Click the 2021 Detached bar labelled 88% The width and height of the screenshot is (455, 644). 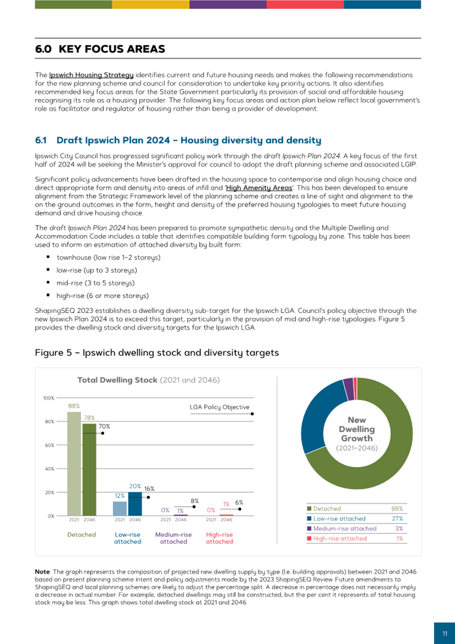(x=74, y=464)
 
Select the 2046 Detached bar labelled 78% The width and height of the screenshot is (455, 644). (x=89, y=469)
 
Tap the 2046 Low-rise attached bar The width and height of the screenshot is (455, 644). (x=134, y=504)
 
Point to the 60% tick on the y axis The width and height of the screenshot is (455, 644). (x=49, y=446)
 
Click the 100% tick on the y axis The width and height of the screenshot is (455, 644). (x=48, y=398)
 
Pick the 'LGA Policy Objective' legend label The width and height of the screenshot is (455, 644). (x=219, y=407)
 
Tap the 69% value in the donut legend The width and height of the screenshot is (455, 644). (x=397, y=509)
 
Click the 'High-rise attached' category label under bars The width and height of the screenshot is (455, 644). (x=219, y=538)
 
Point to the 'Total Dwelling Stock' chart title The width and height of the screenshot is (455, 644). (x=118, y=380)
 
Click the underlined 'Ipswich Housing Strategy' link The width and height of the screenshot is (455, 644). (x=91, y=75)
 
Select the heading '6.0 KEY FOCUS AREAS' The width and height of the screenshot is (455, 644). (x=100, y=50)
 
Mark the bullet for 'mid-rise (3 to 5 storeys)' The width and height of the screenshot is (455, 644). (x=49, y=283)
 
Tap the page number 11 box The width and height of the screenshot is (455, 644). (x=445, y=634)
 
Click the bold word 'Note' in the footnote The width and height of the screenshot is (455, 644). (x=42, y=571)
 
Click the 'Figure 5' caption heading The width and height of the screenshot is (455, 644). (x=157, y=353)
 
